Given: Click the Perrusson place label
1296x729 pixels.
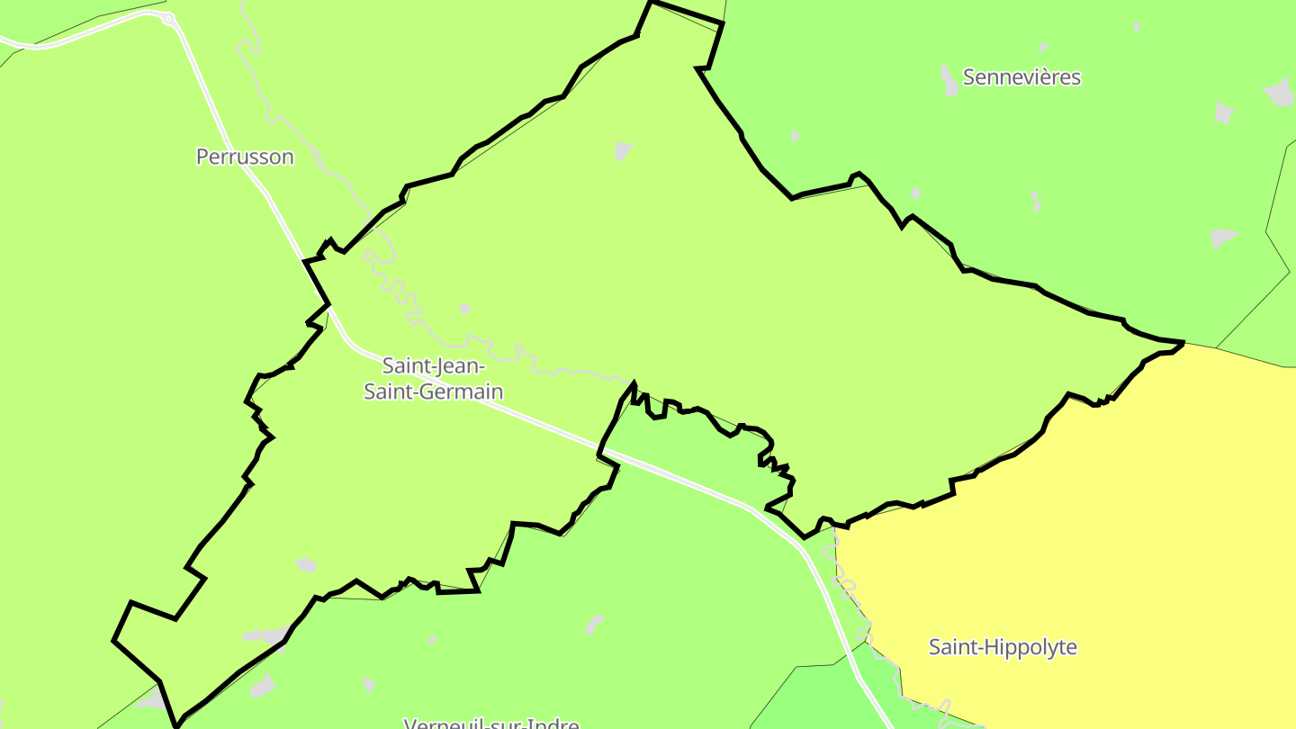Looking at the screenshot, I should click(245, 157).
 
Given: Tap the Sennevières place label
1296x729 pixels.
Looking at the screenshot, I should click(1021, 77).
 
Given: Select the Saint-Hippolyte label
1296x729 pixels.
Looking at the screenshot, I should click(1003, 647).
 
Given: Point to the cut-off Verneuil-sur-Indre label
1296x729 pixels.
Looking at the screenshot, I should click(491, 723).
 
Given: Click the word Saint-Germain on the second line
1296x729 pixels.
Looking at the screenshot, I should click(433, 391).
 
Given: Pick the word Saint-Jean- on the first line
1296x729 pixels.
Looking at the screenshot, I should click(434, 366).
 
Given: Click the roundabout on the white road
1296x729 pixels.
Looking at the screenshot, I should click(168, 18).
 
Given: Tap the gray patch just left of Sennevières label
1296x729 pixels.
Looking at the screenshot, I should click(949, 81).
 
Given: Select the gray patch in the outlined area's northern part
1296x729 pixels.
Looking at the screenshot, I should click(623, 150).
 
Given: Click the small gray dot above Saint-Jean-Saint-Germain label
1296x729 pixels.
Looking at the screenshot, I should click(464, 309).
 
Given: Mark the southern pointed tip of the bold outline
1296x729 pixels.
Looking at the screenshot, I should click(177, 723).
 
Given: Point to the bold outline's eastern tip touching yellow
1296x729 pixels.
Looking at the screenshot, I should click(1181, 344).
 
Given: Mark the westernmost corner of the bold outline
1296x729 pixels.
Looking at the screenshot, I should click(114, 640).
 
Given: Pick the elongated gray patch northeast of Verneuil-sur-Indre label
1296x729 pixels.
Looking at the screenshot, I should click(594, 624).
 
